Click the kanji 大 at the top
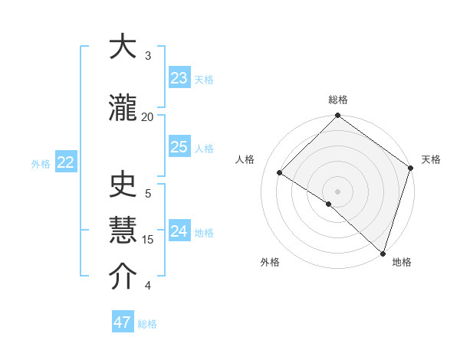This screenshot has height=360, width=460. tap(123, 48)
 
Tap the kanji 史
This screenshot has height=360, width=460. tap(123, 185)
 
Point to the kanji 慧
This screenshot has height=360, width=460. tap(123, 231)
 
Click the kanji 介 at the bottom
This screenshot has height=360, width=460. tap(123, 277)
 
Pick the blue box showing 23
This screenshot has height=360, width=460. tap(179, 78)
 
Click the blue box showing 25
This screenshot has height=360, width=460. tap(179, 147)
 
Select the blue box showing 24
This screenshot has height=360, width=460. tap(179, 231)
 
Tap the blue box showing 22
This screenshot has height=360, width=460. tap(66, 162)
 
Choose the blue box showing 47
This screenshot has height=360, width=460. tap(123, 322)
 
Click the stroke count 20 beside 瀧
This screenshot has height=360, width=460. tap(148, 116)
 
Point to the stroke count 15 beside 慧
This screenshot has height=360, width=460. tap(148, 239)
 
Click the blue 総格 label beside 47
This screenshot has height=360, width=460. tap(147, 324)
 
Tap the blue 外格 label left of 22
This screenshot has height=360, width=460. tap(41, 163)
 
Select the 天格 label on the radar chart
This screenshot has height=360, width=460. tap(431, 159)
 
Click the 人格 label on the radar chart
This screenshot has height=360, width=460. tap(245, 159)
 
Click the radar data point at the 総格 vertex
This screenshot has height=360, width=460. tap(337, 116)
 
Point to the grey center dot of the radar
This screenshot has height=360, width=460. tap(337, 191)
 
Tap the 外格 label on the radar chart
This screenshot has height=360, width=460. tap(270, 262)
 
